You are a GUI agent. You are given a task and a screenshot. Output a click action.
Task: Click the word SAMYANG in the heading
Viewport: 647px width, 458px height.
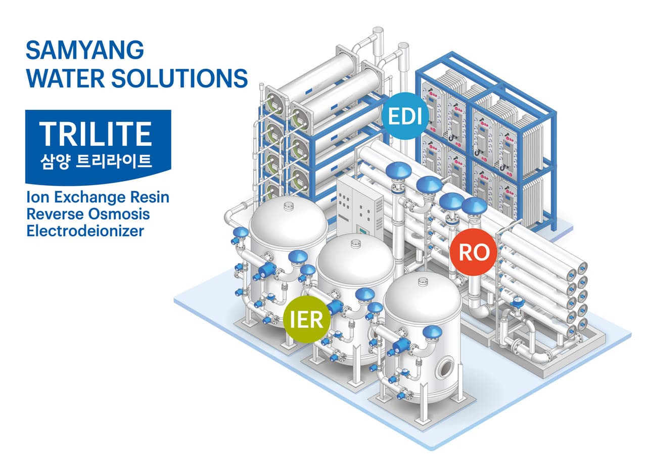(85, 51)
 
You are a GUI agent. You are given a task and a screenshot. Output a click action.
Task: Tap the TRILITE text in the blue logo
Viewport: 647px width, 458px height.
(96, 134)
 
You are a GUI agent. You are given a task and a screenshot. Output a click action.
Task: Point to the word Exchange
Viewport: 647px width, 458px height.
(85, 197)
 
